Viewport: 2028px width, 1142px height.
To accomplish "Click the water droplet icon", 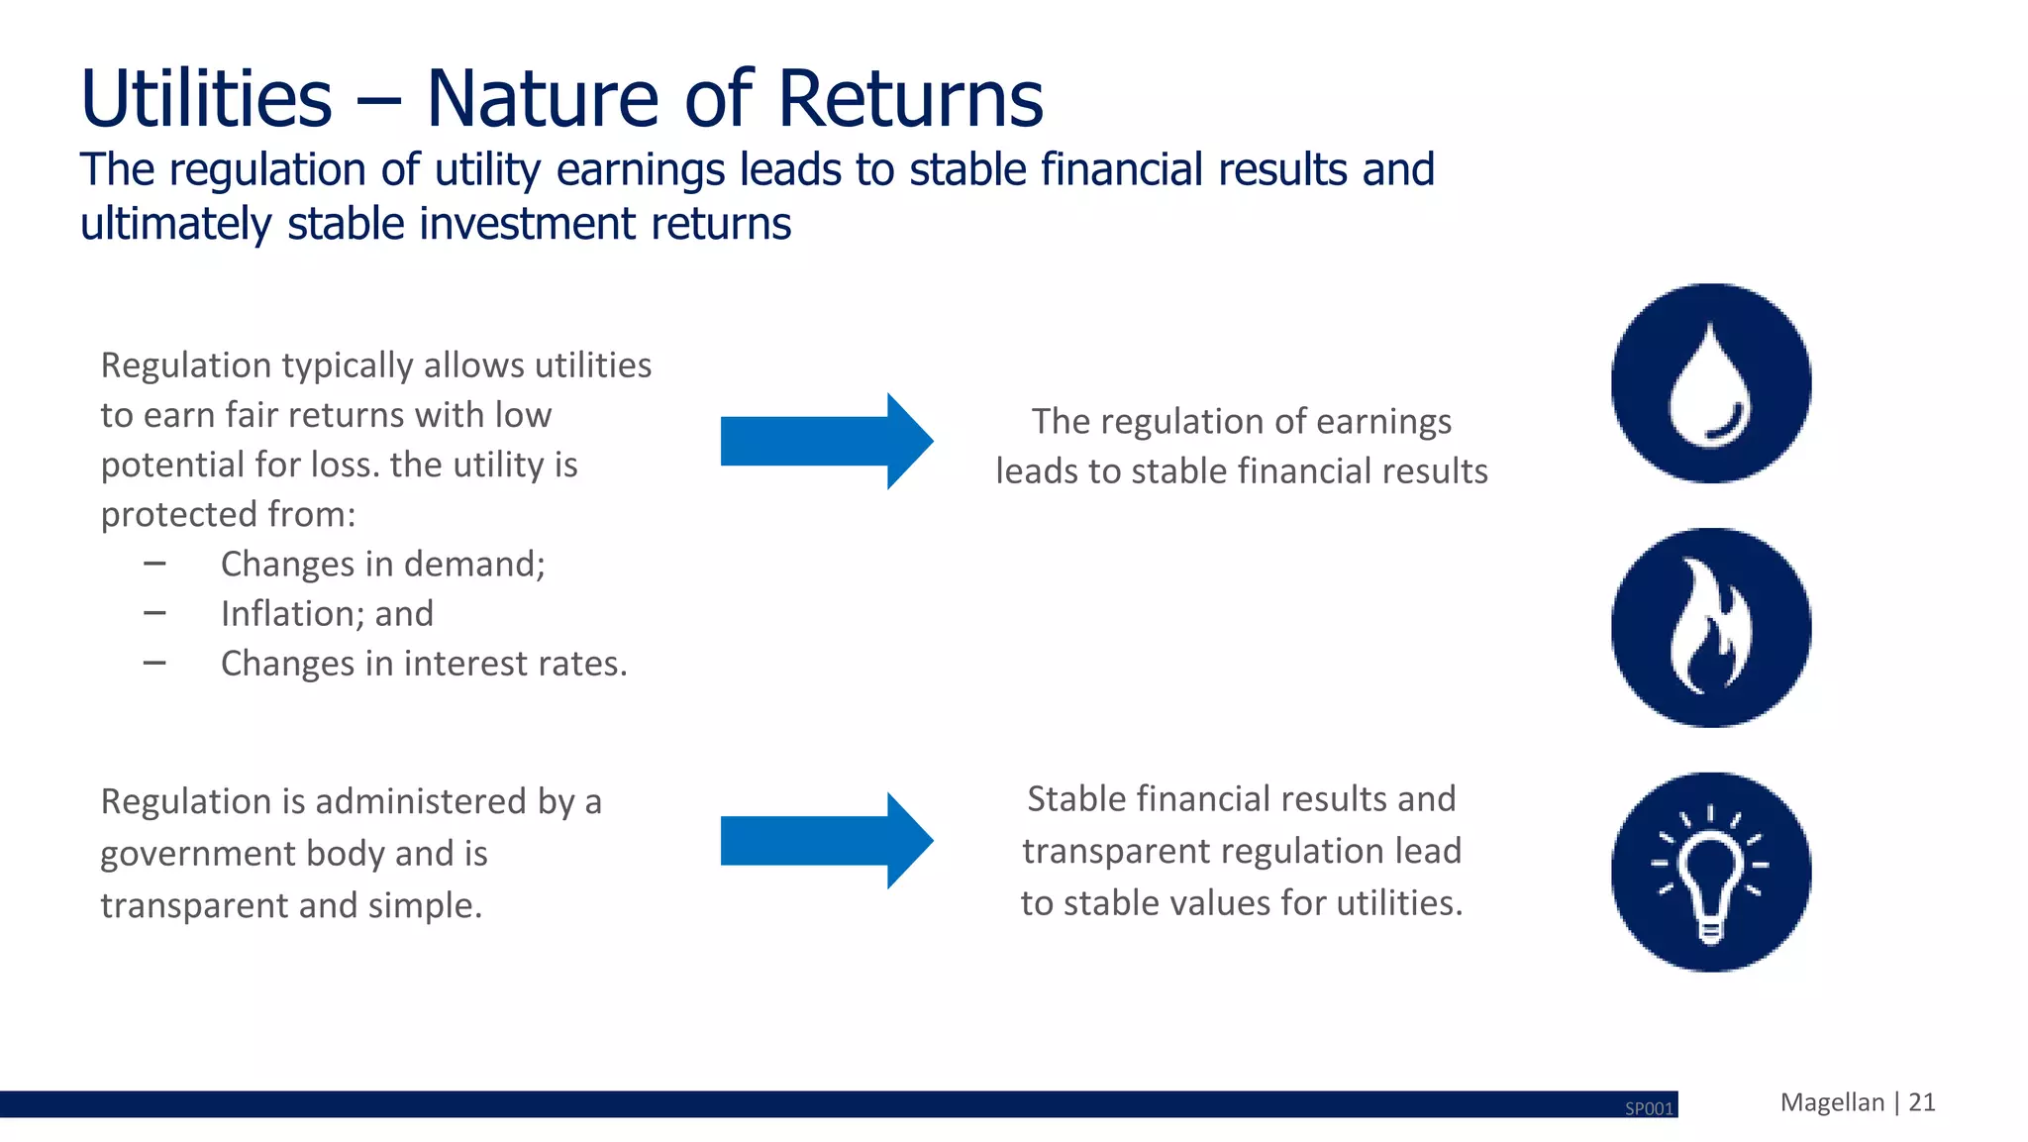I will pyautogui.click(x=1710, y=383).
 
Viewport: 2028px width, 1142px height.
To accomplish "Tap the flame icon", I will pyautogui.click(x=1710, y=627).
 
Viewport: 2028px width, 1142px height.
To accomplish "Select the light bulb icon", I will pyautogui.click(x=1710, y=872).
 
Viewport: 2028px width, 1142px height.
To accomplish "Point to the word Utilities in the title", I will pyautogui.click(x=206, y=99).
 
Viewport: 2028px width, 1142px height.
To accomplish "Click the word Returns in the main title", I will pyautogui.click(x=910, y=99).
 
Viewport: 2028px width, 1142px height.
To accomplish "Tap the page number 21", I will pyautogui.click(x=1921, y=1102).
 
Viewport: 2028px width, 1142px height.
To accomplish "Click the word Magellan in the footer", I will pyautogui.click(x=1832, y=1102).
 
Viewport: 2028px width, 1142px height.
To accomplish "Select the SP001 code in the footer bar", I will pyautogui.click(x=1649, y=1108).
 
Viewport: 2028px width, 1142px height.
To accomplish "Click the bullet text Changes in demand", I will pyautogui.click(x=382, y=565).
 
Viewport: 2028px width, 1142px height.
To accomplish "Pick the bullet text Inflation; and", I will pyautogui.click(x=327, y=614).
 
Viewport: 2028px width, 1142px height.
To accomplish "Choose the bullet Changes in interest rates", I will pyautogui.click(x=424, y=664).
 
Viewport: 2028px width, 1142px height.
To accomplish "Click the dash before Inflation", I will pyautogui.click(x=154, y=613).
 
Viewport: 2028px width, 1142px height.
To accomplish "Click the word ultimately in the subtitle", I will pyautogui.click(x=174, y=225).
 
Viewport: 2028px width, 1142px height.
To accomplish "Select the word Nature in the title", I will pyautogui.click(x=542, y=99).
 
